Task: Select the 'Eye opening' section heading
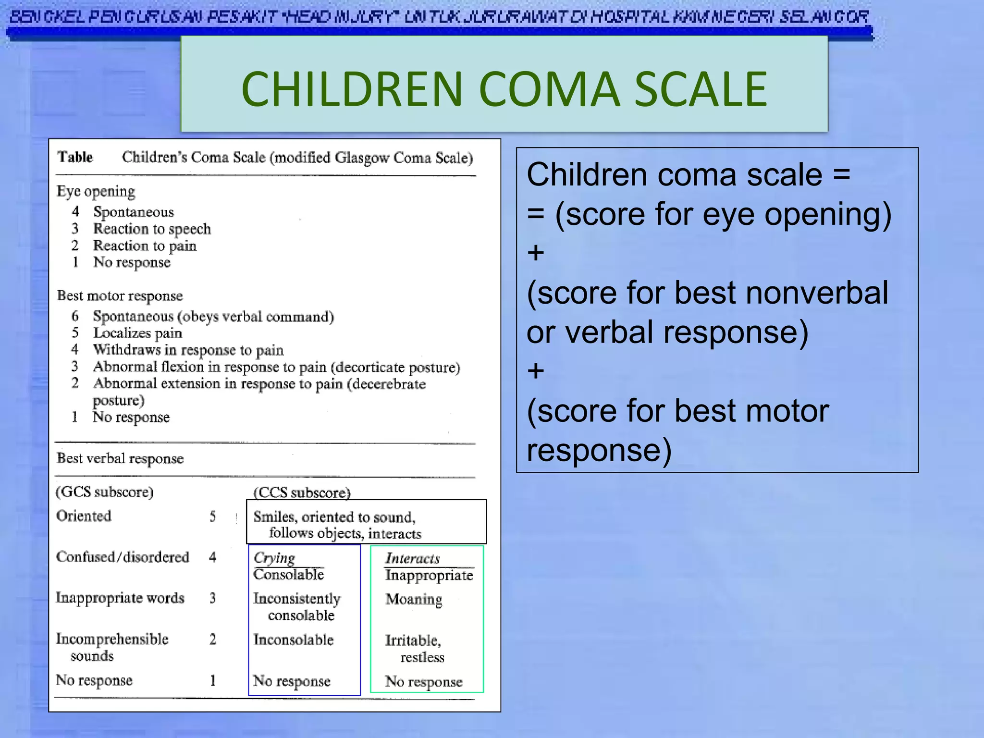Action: [x=96, y=191]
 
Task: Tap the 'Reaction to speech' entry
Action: [x=152, y=229]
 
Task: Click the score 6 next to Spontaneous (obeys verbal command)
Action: [x=75, y=316]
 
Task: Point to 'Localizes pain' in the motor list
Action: [x=137, y=333]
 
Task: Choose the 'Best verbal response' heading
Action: [x=120, y=458]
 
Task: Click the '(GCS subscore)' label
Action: [x=105, y=492]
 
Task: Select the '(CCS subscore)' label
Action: [x=302, y=493]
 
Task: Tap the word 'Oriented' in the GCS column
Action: [x=84, y=516]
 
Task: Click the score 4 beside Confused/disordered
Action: [x=213, y=557]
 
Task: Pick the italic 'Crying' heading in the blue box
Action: [x=274, y=558]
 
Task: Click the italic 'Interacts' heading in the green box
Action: [x=412, y=558]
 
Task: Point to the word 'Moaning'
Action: [x=414, y=599]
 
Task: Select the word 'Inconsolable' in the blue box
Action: [x=293, y=640]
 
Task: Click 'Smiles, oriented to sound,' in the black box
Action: [x=334, y=517]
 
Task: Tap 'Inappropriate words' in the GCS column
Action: [x=120, y=598]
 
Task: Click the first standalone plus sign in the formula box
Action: [x=536, y=253]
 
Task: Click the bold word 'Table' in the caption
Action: [x=75, y=157]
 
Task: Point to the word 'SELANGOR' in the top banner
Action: [x=824, y=17]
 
